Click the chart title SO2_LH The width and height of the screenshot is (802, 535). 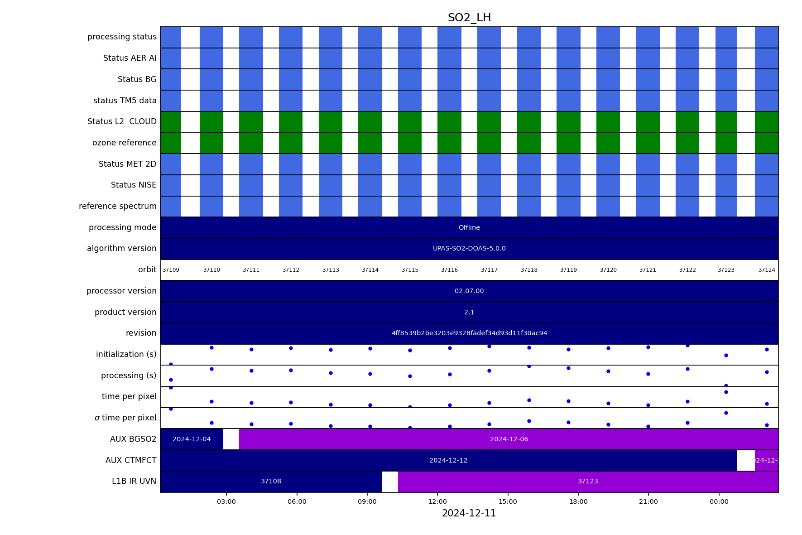click(x=469, y=18)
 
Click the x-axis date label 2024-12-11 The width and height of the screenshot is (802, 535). click(x=469, y=513)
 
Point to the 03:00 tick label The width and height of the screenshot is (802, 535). click(x=226, y=501)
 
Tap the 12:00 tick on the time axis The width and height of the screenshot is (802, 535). click(x=437, y=501)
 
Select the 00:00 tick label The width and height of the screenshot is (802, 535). click(x=719, y=501)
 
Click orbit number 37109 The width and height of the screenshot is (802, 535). click(x=171, y=270)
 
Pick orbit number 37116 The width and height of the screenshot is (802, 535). click(x=449, y=270)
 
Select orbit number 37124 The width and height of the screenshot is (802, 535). click(x=767, y=270)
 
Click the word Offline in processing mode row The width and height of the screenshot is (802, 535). click(x=469, y=228)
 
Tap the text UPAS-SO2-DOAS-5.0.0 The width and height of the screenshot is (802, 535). click(x=469, y=249)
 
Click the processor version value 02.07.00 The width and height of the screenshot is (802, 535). click(x=469, y=291)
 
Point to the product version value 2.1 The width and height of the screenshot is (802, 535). click(x=469, y=313)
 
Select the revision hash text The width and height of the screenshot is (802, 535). click(x=469, y=333)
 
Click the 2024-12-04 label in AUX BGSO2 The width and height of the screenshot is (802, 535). click(x=192, y=439)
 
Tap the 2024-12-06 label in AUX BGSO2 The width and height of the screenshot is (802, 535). click(x=509, y=439)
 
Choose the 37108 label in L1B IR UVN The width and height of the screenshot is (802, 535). click(x=271, y=482)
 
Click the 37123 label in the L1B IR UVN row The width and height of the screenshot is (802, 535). click(x=588, y=482)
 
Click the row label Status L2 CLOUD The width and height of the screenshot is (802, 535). click(x=122, y=122)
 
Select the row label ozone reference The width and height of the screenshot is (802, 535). click(x=124, y=143)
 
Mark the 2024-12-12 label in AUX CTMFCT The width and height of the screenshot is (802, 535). click(x=448, y=461)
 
